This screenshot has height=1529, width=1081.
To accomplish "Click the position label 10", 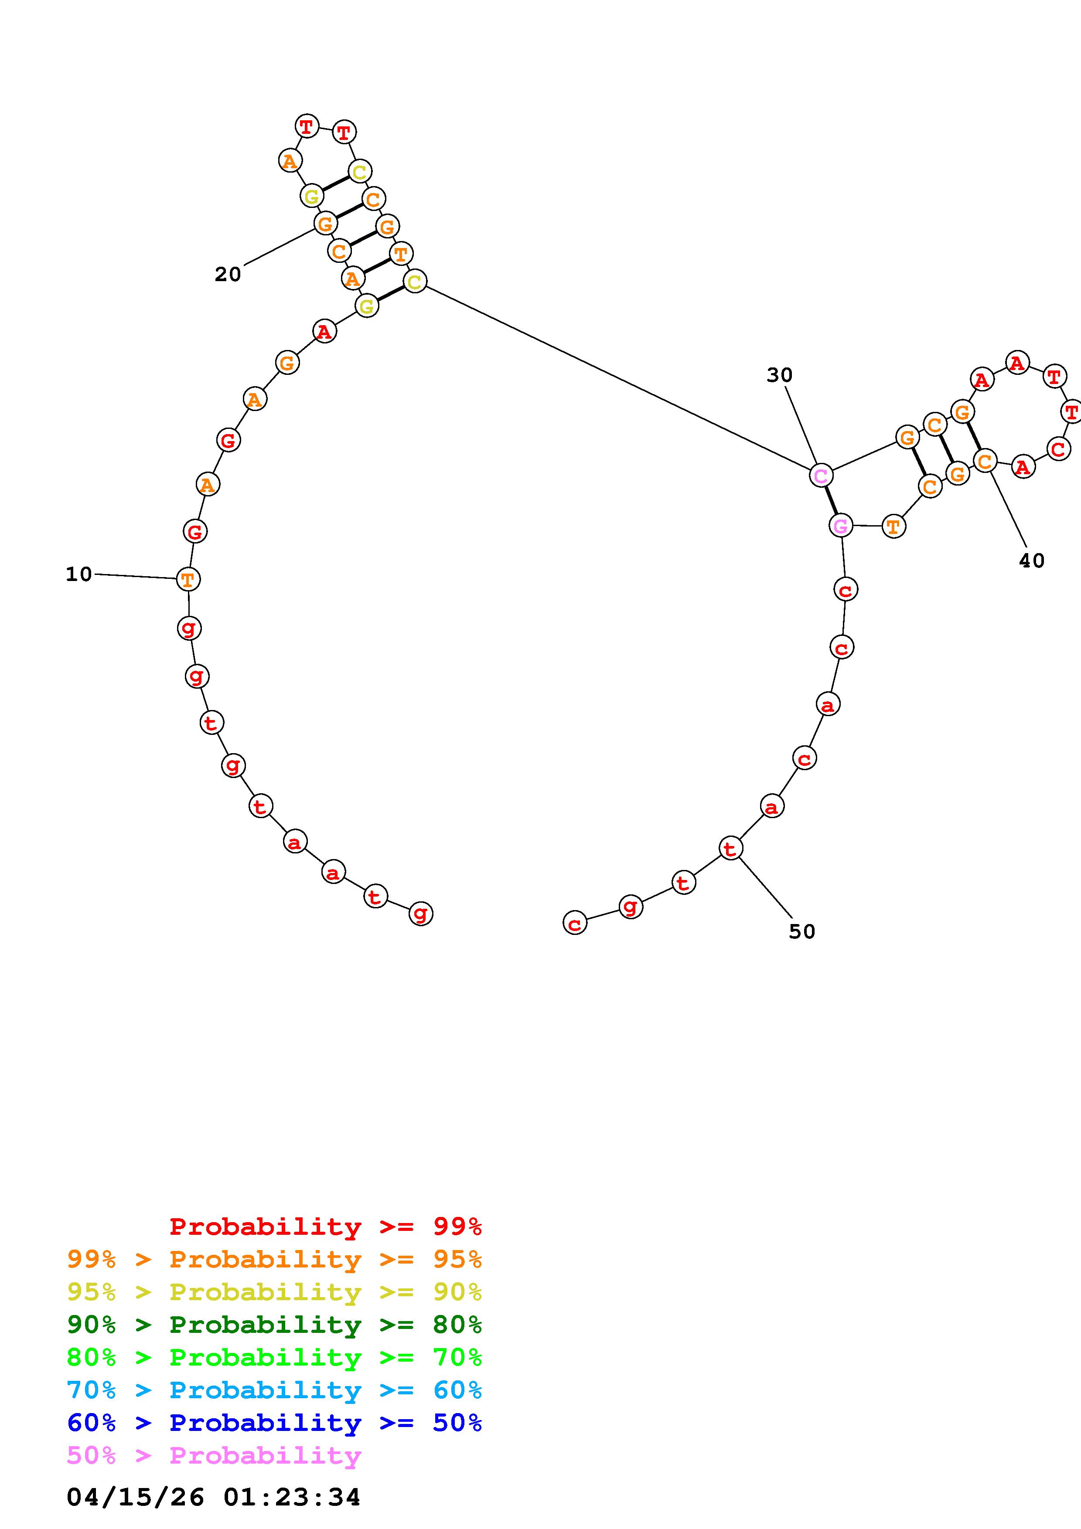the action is [x=78, y=574].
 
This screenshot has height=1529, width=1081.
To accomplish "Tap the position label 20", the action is [x=228, y=274].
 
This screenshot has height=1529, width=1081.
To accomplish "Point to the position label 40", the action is [x=1032, y=561].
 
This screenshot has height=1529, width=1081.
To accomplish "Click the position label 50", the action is [x=802, y=931].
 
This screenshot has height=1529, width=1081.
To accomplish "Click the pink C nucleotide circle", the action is [x=821, y=476].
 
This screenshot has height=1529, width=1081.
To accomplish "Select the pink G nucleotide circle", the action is [x=841, y=525].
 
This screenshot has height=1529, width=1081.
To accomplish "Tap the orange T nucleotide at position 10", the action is [x=188, y=579].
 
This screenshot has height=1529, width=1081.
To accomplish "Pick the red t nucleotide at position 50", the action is [x=731, y=849].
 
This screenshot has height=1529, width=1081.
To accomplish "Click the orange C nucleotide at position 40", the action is [x=985, y=460].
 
